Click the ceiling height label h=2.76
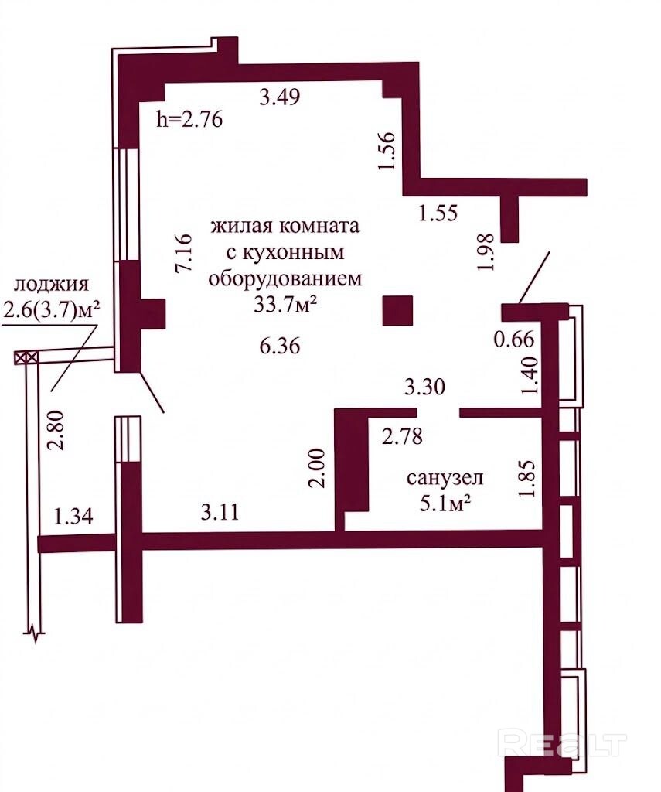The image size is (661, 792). click(x=190, y=120)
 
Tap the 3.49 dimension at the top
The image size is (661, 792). click(x=280, y=96)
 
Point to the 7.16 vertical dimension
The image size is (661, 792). click(x=183, y=253)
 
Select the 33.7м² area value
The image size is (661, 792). click(x=285, y=305)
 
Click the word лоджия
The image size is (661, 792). click(x=52, y=285)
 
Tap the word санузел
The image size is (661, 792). click(x=445, y=477)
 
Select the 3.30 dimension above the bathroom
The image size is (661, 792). click(x=424, y=387)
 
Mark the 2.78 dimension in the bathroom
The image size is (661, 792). click(x=402, y=436)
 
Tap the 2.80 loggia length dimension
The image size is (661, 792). click(x=56, y=430)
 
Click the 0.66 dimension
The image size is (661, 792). click(x=513, y=339)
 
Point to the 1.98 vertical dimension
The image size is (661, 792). click(x=486, y=253)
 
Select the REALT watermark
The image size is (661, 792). click(x=561, y=743)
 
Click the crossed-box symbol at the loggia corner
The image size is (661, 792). click(x=26, y=357)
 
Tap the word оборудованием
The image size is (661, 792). click(x=286, y=278)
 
